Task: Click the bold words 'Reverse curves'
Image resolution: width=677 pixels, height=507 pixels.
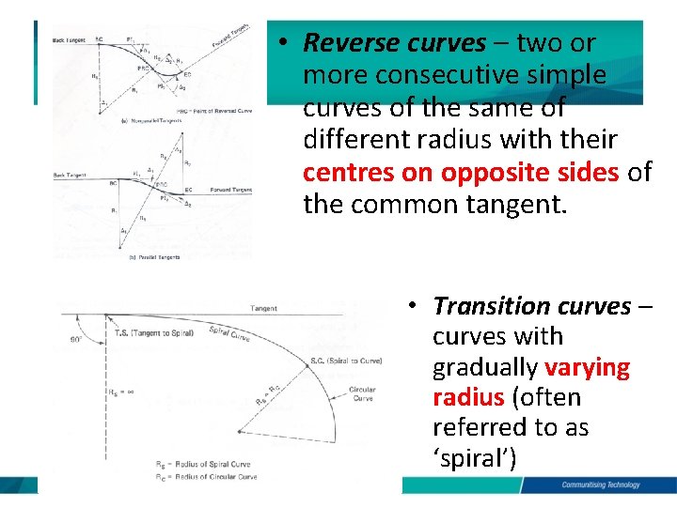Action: pos(395,43)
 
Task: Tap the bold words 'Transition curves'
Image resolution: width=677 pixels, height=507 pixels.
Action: pos(531,306)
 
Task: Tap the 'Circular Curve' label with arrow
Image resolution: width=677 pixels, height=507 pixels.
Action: pos(362,394)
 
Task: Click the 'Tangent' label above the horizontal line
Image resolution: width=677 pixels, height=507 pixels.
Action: pos(264,308)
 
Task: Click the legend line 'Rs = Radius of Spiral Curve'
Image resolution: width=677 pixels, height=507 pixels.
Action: pos(205,465)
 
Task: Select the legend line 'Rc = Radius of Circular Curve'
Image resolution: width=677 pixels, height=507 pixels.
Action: pos(206,477)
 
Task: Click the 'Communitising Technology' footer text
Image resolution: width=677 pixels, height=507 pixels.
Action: pos(600,484)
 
